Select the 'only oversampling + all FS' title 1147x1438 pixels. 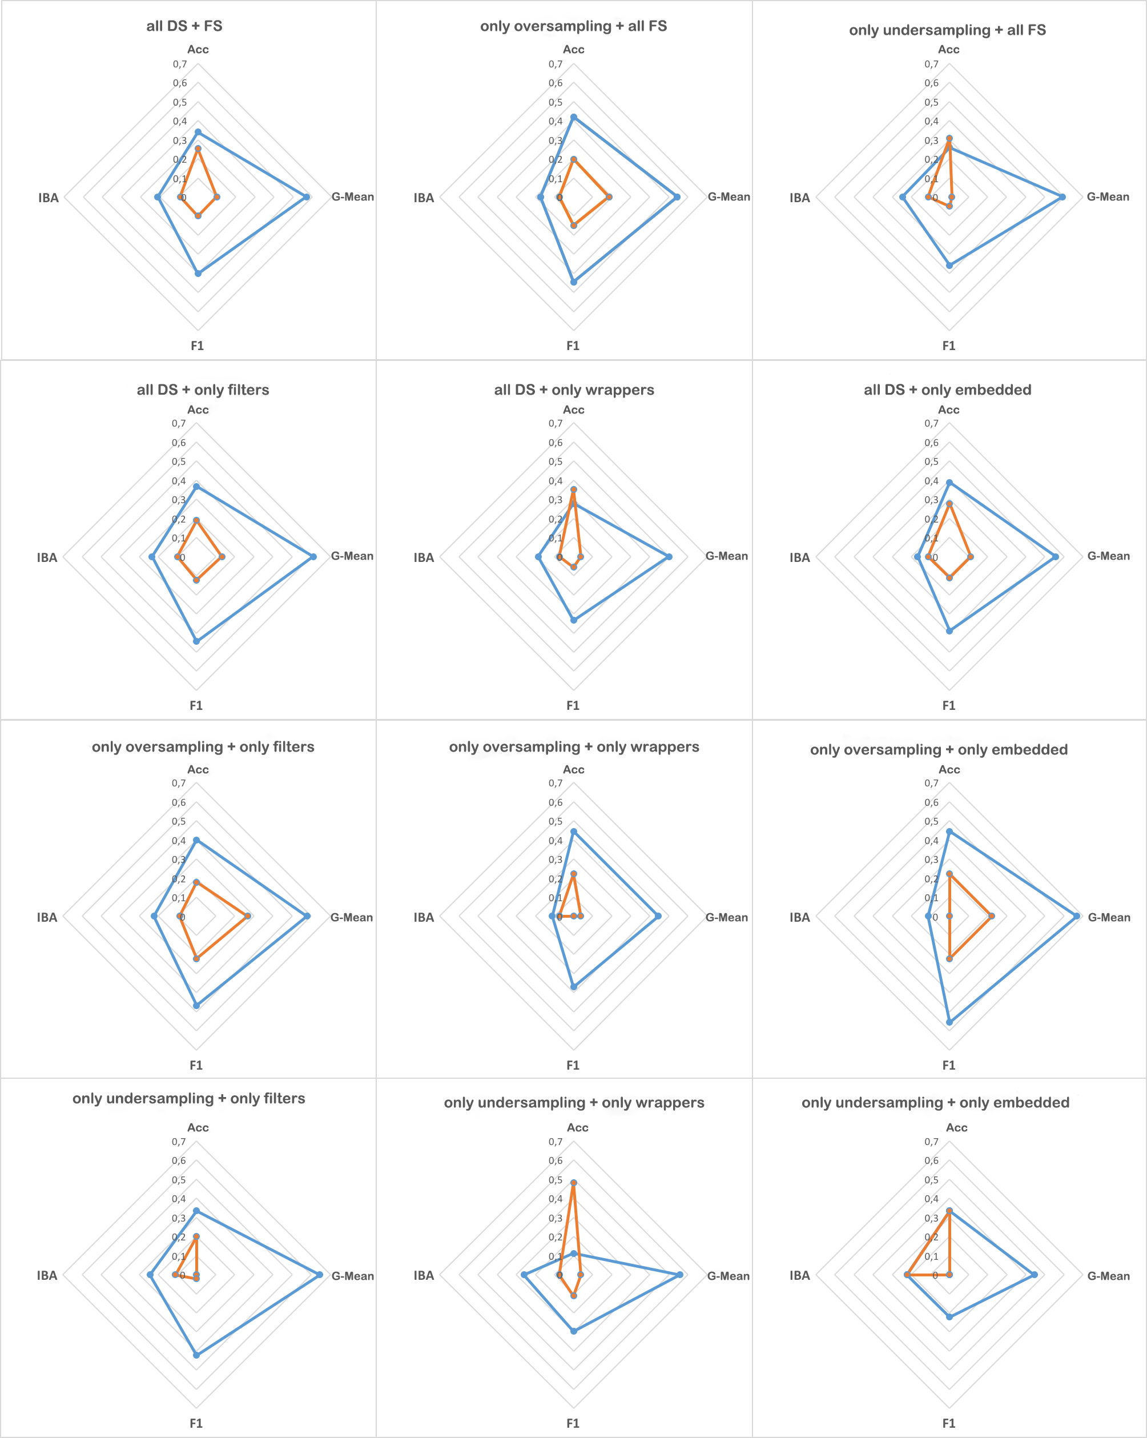[x=573, y=26]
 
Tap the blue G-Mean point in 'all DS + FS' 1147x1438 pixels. [x=307, y=197]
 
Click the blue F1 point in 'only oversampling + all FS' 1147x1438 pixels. [x=573, y=282]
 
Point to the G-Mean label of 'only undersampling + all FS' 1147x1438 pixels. [x=1108, y=197]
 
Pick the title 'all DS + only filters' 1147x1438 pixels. [x=203, y=389]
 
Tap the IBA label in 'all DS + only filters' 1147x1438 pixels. [x=47, y=557]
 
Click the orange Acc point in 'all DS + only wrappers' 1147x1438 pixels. [x=573, y=489]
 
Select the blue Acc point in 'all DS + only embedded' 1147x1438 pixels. [x=949, y=482]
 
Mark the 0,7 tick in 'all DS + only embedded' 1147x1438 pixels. [x=931, y=424]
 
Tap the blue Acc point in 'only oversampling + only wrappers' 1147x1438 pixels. [x=573, y=831]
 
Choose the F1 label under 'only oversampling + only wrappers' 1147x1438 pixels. [x=573, y=1065]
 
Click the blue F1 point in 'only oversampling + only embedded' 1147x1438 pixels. [x=949, y=1021]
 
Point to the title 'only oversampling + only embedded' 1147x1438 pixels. [x=939, y=750]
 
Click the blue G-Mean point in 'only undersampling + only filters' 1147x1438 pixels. [x=319, y=1275]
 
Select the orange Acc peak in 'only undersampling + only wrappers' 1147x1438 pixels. [x=573, y=1183]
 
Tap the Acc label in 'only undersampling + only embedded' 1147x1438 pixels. [x=956, y=1128]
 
